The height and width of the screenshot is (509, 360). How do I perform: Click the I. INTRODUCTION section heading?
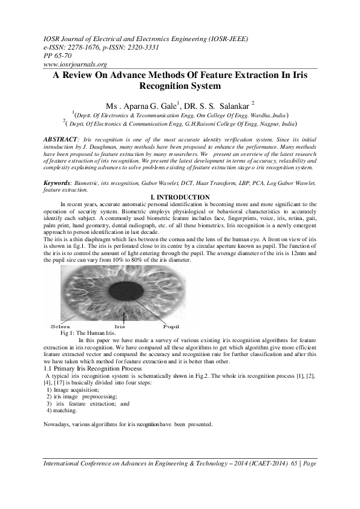[180, 198]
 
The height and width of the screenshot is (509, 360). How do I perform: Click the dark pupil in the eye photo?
[126, 291]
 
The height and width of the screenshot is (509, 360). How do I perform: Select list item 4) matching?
[62, 410]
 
